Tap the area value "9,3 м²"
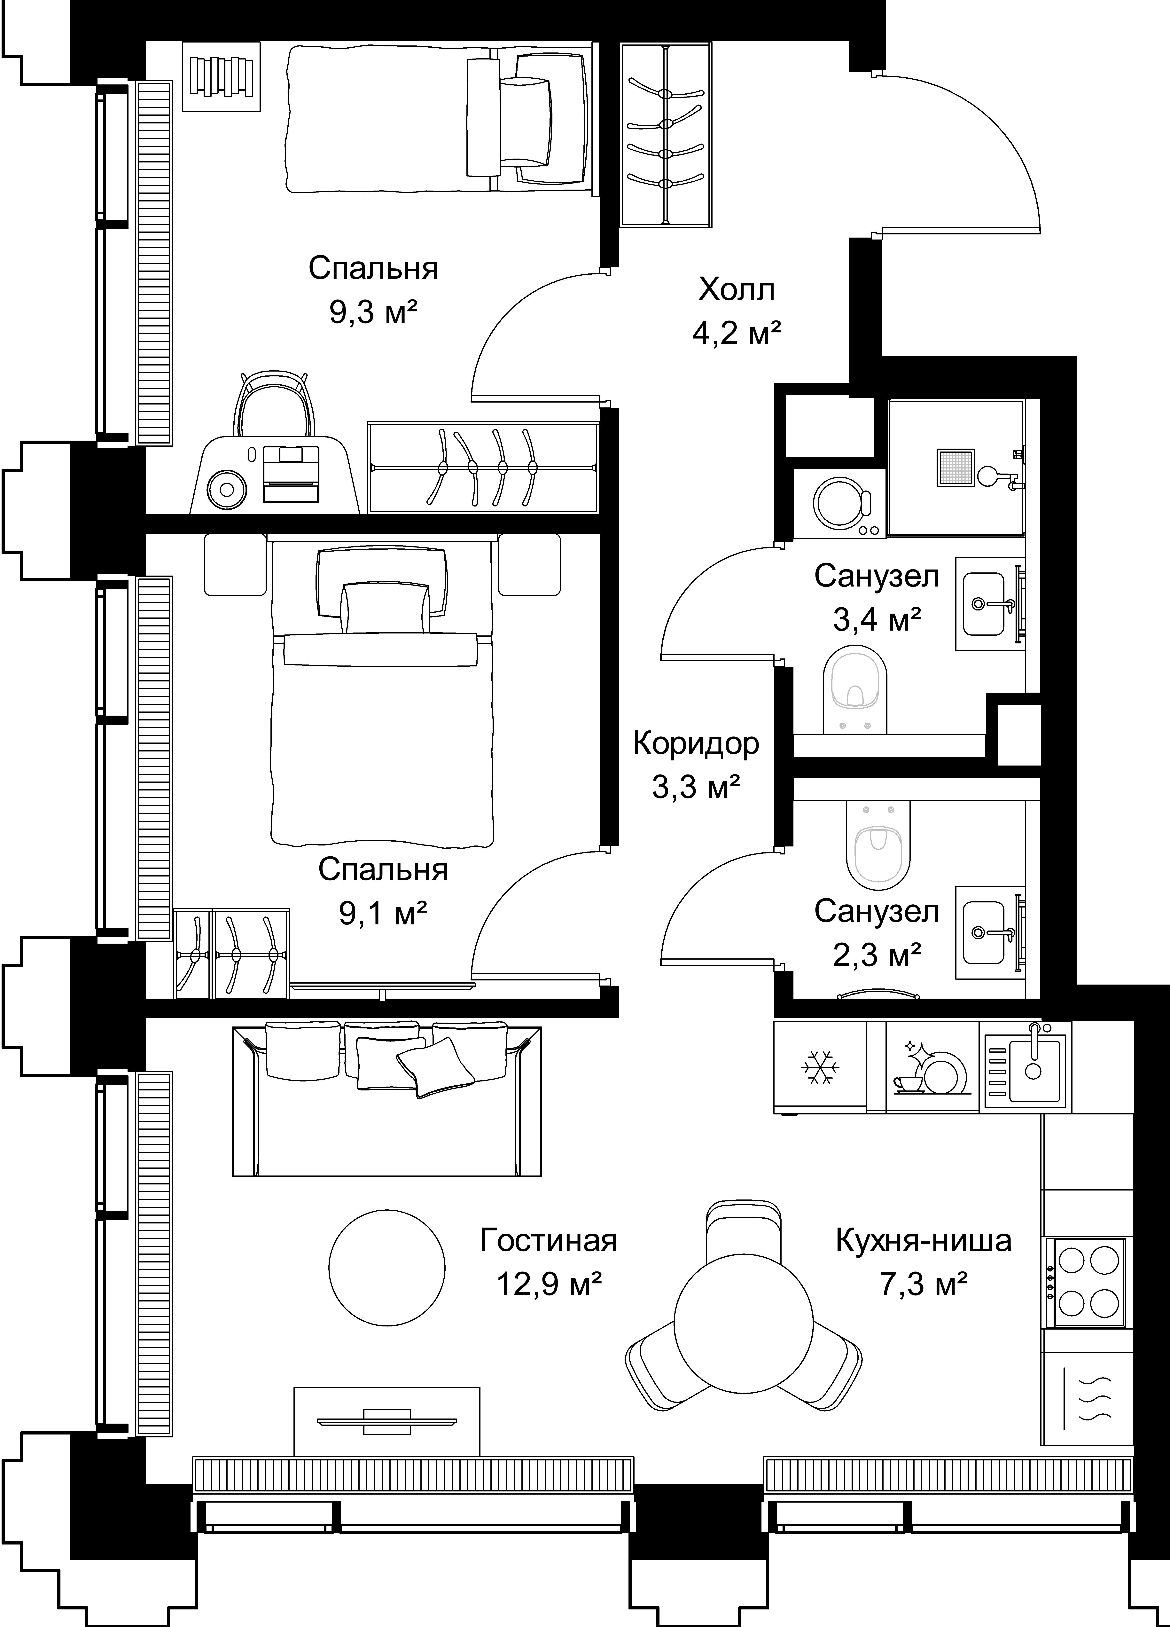[x=373, y=313]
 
